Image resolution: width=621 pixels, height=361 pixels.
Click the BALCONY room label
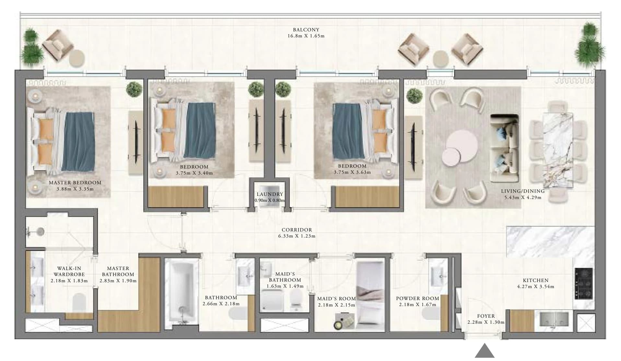(306, 30)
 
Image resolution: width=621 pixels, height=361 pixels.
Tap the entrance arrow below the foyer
(485, 351)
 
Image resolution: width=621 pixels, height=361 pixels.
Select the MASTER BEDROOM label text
(75, 183)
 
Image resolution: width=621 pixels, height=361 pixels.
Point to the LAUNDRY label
(270, 194)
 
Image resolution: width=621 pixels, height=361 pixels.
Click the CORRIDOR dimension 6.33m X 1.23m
(297, 236)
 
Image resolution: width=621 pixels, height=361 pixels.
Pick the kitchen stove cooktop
(583, 283)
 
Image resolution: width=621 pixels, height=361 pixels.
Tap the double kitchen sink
(554, 319)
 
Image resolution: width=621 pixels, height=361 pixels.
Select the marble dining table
(557, 150)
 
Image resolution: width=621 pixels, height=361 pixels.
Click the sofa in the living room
(504, 148)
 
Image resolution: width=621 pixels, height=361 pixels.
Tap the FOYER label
(486, 316)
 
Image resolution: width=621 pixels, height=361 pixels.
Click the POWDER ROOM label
(417, 299)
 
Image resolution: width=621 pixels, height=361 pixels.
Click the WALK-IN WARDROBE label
(69, 271)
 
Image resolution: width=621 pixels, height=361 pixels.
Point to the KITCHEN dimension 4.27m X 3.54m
(535, 287)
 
